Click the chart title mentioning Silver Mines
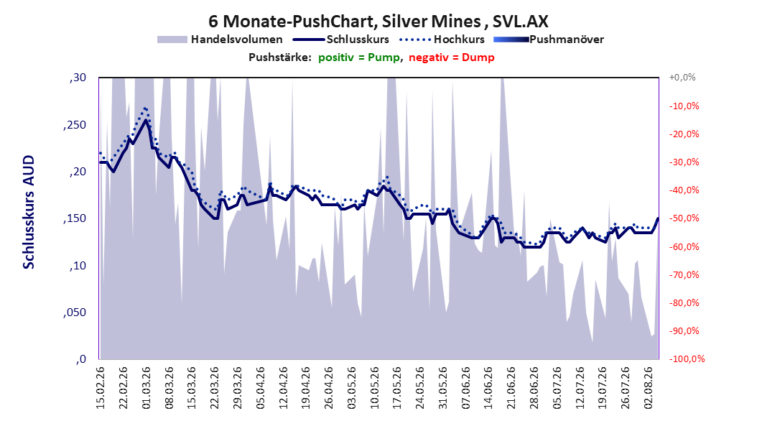(378, 22)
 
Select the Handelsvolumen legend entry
(220, 40)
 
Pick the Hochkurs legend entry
(442, 40)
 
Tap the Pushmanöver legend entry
(549, 40)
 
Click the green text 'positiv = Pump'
(359, 57)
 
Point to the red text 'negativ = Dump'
(452, 57)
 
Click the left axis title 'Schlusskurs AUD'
(29, 212)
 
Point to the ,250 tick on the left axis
(75, 125)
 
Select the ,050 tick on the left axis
(75, 313)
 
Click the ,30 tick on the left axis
(78, 78)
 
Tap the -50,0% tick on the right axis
(684, 218)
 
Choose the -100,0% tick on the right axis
(687, 358)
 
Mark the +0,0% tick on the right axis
(682, 78)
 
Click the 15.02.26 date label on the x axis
(101, 388)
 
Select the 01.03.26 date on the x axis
(147, 388)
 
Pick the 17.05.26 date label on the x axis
(397, 388)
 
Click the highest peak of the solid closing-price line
(146, 119)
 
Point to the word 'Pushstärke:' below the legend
(280, 57)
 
